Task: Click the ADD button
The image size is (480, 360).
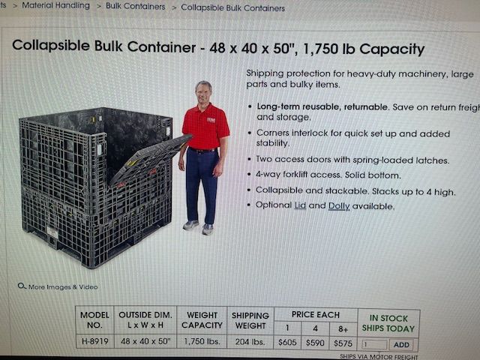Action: pyautogui.click(x=401, y=345)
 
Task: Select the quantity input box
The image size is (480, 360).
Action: pyautogui.click(x=374, y=345)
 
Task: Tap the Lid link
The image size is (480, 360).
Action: pyautogui.click(x=300, y=205)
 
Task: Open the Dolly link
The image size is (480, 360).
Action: pyautogui.click(x=339, y=205)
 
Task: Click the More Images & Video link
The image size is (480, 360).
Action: pyautogui.click(x=63, y=286)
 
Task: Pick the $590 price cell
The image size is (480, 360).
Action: pyautogui.click(x=315, y=343)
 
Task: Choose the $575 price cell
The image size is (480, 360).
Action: pyautogui.click(x=343, y=343)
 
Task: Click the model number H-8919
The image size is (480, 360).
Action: pyautogui.click(x=94, y=342)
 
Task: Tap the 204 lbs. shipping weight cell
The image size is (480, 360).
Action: pyautogui.click(x=249, y=343)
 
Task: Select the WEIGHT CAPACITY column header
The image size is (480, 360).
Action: pyautogui.click(x=202, y=320)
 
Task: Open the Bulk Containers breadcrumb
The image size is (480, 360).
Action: pyautogui.click(x=135, y=7)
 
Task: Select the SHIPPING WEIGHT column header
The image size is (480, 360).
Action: pyautogui.click(x=250, y=320)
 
